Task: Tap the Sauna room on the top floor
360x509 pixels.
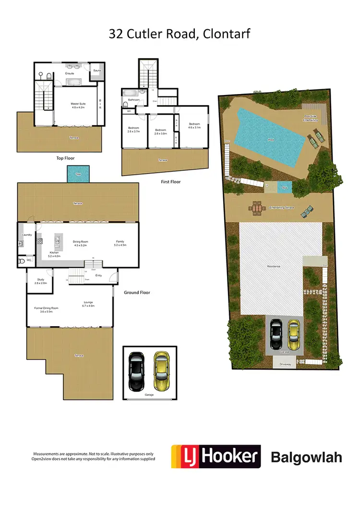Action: [x=97, y=70]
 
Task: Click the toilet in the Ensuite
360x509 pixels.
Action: [x=48, y=76]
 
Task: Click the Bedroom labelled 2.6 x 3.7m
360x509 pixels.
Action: [x=133, y=129]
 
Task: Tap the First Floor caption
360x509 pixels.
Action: [x=171, y=182]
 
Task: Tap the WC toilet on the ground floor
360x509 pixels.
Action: [x=21, y=261]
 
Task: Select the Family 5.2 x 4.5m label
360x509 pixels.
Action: [x=120, y=243]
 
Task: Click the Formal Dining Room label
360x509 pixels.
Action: [x=46, y=309]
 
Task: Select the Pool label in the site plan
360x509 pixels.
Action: [x=271, y=140]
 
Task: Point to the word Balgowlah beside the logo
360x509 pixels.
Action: [x=306, y=457]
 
